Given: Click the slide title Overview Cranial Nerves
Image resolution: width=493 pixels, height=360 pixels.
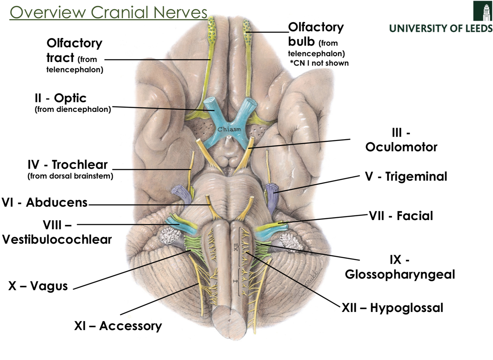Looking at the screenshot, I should click(x=108, y=12).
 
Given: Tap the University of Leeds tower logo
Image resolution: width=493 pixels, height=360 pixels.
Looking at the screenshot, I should click(x=483, y=11).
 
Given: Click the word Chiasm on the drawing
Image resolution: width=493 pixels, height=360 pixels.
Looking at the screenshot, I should click(x=229, y=129).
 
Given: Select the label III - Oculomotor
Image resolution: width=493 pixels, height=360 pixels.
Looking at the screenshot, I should click(x=401, y=140).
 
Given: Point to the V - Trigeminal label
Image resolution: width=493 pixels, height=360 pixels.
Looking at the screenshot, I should click(x=406, y=176).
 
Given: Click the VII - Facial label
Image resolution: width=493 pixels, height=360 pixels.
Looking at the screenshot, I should click(x=401, y=216).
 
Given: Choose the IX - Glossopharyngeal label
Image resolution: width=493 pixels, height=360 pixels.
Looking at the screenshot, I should click(x=399, y=267).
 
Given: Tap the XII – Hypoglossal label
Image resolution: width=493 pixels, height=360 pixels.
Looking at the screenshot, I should click(x=392, y=308).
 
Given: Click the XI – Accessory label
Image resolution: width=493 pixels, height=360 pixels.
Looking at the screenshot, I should click(x=118, y=326).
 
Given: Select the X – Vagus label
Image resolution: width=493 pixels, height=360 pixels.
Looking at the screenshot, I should click(x=38, y=286).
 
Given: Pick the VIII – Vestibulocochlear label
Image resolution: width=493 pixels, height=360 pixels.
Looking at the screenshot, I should click(x=57, y=232).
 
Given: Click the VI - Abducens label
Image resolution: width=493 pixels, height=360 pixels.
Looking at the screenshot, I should click(x=45, y=202).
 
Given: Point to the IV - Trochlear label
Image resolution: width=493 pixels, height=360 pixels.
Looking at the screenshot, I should click(x=68, y=165).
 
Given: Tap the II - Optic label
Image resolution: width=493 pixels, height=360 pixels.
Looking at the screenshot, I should click(x=61, y=98).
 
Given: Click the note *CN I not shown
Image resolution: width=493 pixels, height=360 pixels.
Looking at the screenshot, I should click(x=319, y=63).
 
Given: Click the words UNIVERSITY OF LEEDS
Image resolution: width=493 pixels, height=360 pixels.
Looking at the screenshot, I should click(x=441, y=28).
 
